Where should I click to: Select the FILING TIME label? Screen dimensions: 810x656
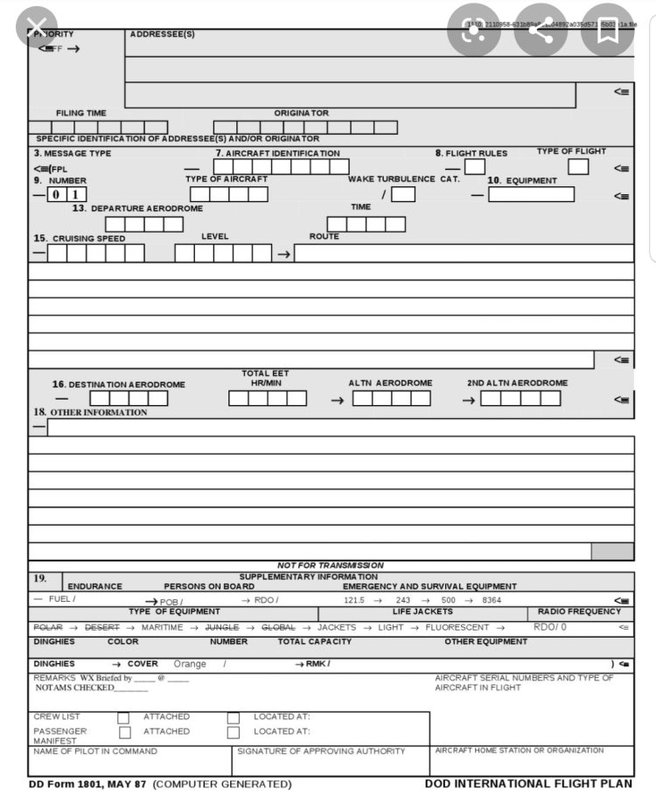click(x=81, y=113)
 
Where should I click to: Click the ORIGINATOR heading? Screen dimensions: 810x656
click(x=302, y=113)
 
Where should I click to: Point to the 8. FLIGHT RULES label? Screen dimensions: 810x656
click(x=471, y=153)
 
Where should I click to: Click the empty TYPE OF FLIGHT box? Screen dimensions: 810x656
click(x=578, y=166)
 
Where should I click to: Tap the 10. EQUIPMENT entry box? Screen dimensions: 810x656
click(x=531, y=194)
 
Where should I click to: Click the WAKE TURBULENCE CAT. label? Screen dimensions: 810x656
click(x=403, y=179)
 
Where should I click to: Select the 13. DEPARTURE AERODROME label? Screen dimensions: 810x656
click(x=137, y=209)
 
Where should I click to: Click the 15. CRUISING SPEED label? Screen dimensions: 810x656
click(x=80, y=238)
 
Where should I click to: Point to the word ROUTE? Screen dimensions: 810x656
click(x=324, y=237)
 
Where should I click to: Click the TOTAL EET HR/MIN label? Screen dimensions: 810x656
click(x=266, y=379)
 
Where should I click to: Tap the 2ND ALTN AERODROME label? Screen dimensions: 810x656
click(x=517, y=383)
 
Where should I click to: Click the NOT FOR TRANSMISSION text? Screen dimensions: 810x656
click(x=331, y=565)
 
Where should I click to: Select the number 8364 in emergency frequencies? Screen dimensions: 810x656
click(x=492, y=600)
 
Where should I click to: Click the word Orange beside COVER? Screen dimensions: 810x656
click(x=190, y=664)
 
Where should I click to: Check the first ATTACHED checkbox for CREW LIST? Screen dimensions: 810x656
click(x=123, y=717)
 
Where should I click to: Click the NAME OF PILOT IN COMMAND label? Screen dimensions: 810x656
click(x=95, y=751)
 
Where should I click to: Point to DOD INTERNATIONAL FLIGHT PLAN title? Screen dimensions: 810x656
click(x=528, y=784)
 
